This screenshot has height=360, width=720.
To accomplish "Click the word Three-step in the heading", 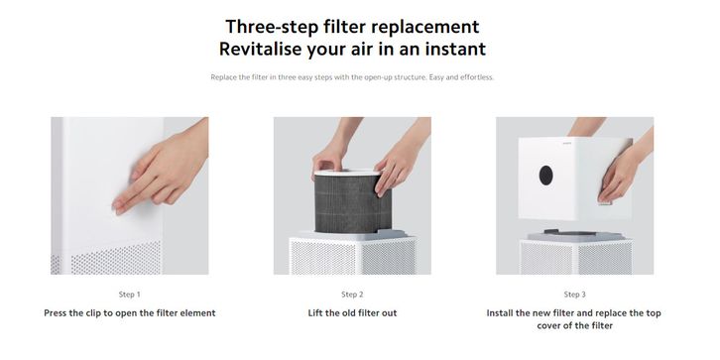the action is point(273,26).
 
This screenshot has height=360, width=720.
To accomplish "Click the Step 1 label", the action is point(130,295).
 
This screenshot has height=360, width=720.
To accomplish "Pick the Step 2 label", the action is point(352,295).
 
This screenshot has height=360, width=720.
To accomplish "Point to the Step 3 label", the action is point(575,295).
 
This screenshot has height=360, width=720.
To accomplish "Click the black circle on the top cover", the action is point(546,176).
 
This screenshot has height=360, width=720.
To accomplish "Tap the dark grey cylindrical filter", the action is point(353,203).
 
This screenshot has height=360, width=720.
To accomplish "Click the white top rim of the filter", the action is point(347,173).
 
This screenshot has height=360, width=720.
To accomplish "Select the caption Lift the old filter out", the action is point(352,313).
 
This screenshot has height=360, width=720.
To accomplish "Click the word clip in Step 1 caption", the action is point(94,313).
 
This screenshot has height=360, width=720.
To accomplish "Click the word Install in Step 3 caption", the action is point(500,313).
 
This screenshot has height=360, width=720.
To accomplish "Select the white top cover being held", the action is point(575,178).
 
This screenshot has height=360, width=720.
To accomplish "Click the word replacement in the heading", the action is point(425,26).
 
